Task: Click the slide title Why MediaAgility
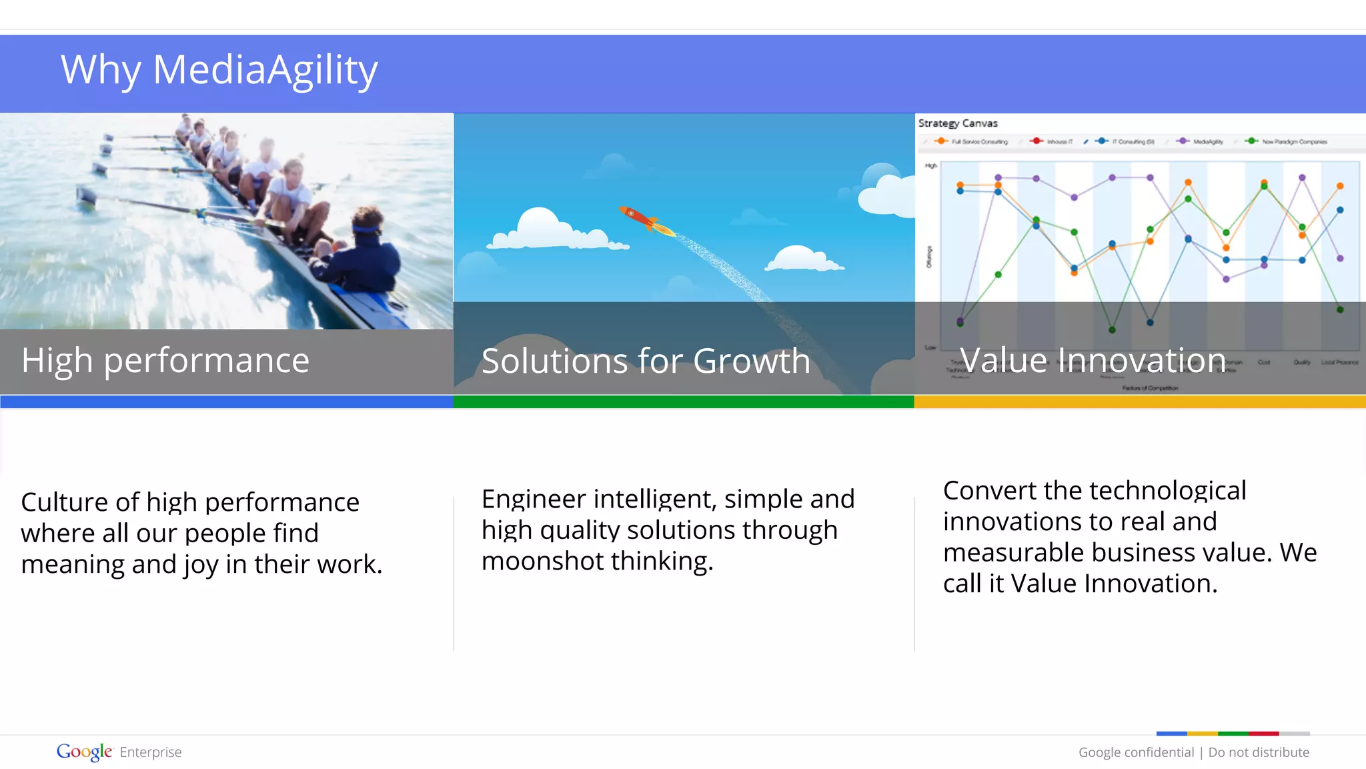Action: (219, 70)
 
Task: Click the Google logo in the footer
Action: (84, 752)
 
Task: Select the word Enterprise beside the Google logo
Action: (151, 752)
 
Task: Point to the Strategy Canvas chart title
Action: (958, 123)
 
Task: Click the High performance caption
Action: (165, 361)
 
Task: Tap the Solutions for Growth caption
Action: (646, 361)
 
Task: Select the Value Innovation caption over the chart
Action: (1093, 361)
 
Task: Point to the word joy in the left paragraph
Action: (201, 565)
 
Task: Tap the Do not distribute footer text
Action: (1259, 752)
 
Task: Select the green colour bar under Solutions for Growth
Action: (684, 402)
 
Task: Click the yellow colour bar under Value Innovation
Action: (1140, 402)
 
